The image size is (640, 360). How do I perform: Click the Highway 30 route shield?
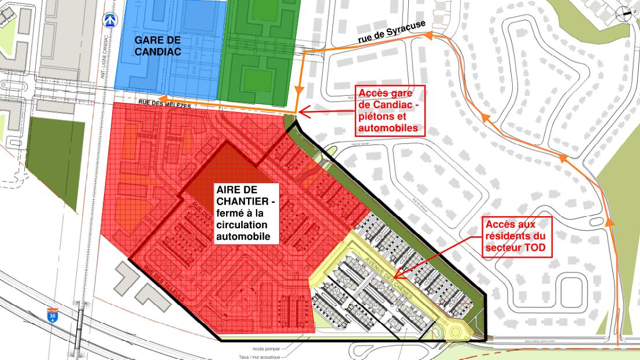click(51, 316)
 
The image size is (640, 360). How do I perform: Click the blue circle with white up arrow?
click(108, 20)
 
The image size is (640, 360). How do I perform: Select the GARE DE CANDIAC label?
click(158, 45)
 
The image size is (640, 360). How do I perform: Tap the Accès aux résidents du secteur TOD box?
click(516, 237)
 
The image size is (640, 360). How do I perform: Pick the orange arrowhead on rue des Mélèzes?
click(163, 98)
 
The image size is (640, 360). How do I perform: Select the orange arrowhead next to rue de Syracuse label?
click(428, 36)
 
